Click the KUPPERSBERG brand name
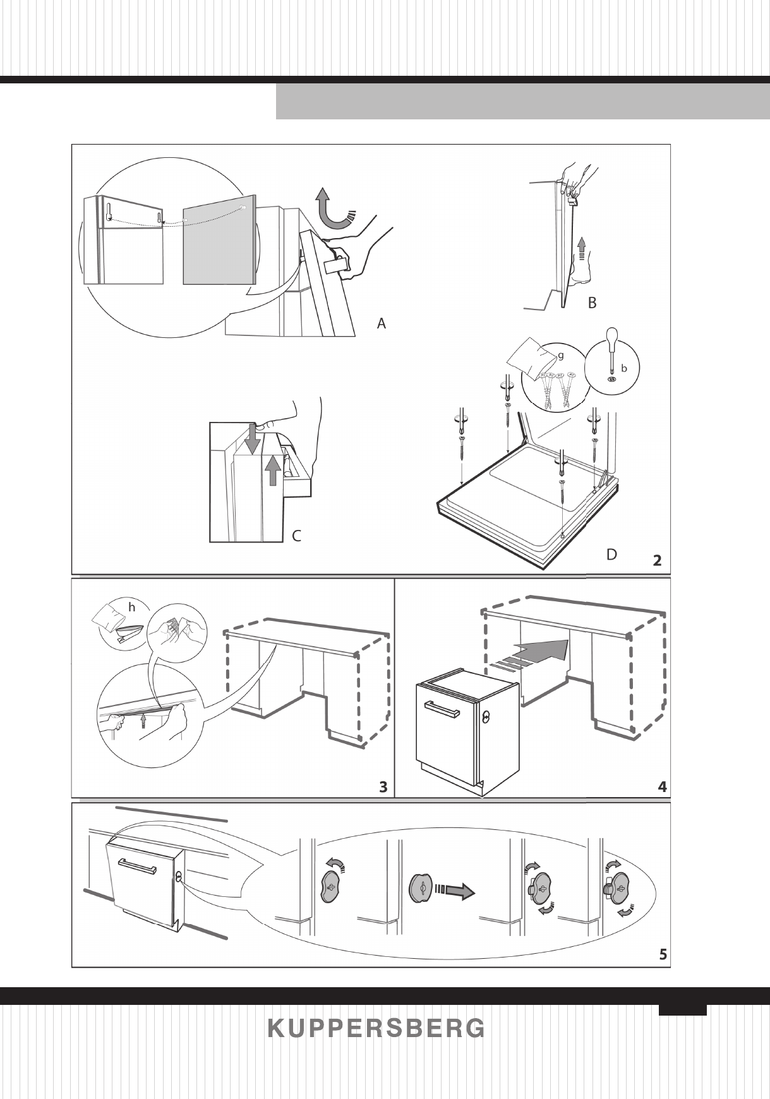pyautogui.click(x=376, y=1028)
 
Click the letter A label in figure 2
pyautogui.click(x=381, y=323)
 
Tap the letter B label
pyautogui.click(x=592, y=303)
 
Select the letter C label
pyautogui.click(x=296, y=536)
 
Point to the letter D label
pyautogui.click(x=611, y=555)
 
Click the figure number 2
pyautogui.click(x=658, y=560)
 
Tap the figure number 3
pyautogui.click(x=383, y=787)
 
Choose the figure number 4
pyautogui.click(x=661, y=787)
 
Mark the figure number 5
pyautogui.click(x=663, y=954)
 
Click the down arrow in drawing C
pyautogui.click(x=252, y=438)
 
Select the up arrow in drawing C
pyautogui.click(x=272, y=470)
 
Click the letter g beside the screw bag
pyautogui.click(x=560, y=356)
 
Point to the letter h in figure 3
pyautogui.click(x=132, y=606)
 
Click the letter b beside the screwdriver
pyautogui.click(x=624, y=366)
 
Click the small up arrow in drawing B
pyautogui.click(x=581, y=243)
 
